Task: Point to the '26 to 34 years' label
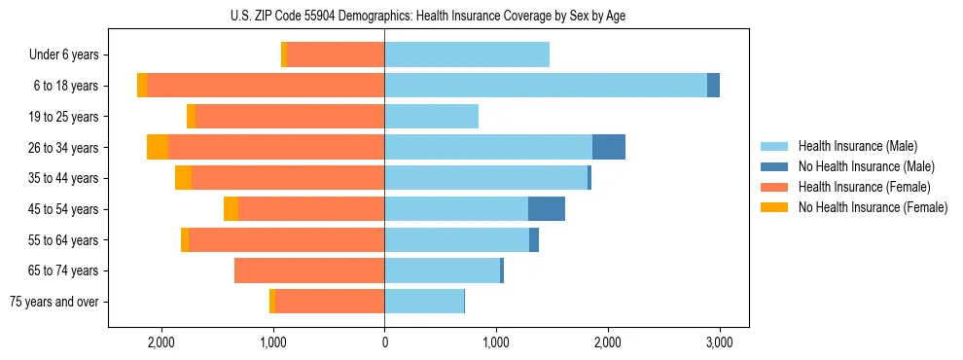pyautogui.click(x=63, y=148)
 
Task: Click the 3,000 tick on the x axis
pyautogui.click(x=719, y=342)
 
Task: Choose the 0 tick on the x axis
pyautogui.click(x=384, y=342)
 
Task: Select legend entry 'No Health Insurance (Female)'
pyautogui.click(x=873, y=207)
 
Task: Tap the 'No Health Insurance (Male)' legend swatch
pyautogui.click(x=775, y=166)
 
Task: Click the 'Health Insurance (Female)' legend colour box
pyautogui.click(x=775, y=187)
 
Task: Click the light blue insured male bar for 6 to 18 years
pyautogui.click(x=545, y=86)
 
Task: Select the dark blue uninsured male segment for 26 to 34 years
pyautogui.click(x=609, y=147)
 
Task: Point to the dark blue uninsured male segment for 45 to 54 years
pyautogui.click(x=547, y=209)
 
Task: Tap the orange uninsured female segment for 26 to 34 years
pyautogui.click(x=158, y=147)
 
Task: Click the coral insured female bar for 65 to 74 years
pyautogui.click(x=309, y=270)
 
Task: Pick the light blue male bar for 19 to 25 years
pyautogui.click(x=431, y=117)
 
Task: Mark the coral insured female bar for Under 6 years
pyautogui.click(x=336, y=55)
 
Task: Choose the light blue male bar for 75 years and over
pyautogui.click(x=424, y=302)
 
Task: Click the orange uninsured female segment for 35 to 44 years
pyautogui.click(x=183, y=178)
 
